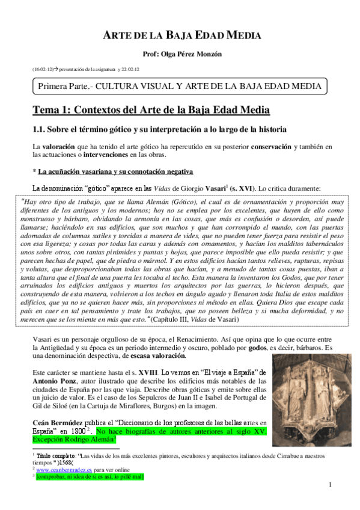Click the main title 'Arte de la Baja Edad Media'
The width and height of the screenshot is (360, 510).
(x=179, y=35)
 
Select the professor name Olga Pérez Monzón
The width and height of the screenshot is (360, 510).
(x=179, y=54)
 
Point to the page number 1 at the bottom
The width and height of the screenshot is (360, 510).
(x=331, y=485)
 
